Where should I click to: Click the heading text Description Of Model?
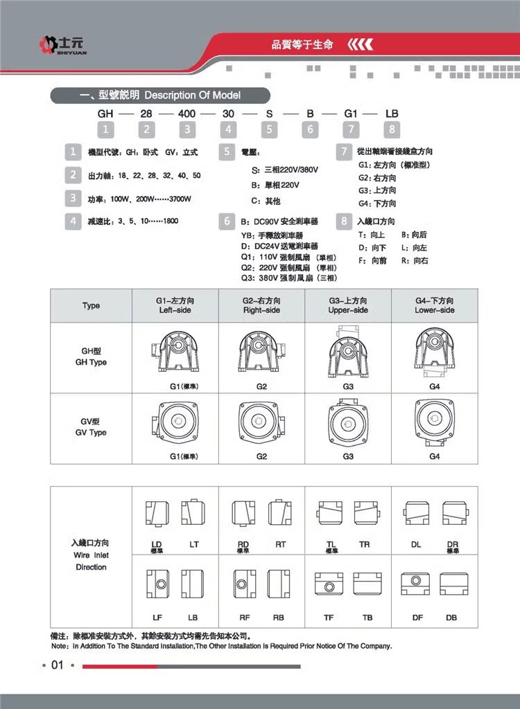tap(192, 95)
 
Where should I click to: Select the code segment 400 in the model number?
tap(187, 113)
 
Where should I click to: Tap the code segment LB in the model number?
tap(392, 113)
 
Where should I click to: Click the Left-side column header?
tap(175, 306)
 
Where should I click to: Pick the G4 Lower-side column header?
tap(435, 306)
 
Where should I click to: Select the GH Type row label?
tap(91, 357)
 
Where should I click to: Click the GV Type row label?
tap(91, 427)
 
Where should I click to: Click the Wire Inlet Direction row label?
tap(91, 555)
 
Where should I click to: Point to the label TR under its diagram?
tap(365, 545)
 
